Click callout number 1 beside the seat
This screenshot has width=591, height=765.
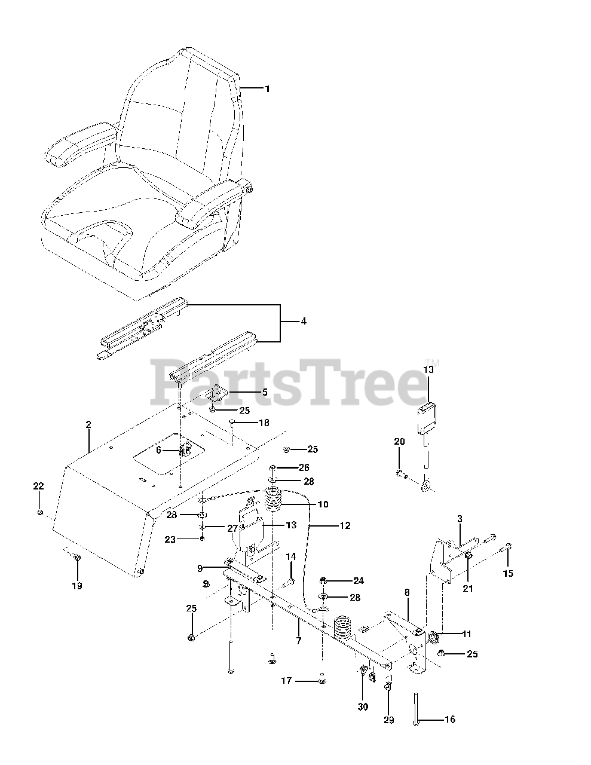click(x=267, y=88)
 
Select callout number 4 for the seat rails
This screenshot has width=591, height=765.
click(x=304, y=321)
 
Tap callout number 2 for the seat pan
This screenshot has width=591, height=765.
click(x=88, y=424)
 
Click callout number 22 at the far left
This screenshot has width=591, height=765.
click(x=38, y=486)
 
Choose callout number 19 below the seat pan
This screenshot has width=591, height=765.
click(x=77, y=586)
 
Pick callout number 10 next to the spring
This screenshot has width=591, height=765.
click(x=323, y=504)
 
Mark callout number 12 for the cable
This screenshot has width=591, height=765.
click(x=345, y=525)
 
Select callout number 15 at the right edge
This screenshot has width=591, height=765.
click(x=508, y=573)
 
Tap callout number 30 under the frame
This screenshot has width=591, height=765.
click(x=363, y=706)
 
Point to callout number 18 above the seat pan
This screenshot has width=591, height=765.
click(x=264, y=423)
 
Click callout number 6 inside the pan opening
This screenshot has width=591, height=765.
click(x=159, y=450)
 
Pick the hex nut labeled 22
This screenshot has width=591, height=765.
click(x=40, y=513)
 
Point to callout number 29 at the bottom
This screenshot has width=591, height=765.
click(x=388, y=720)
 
